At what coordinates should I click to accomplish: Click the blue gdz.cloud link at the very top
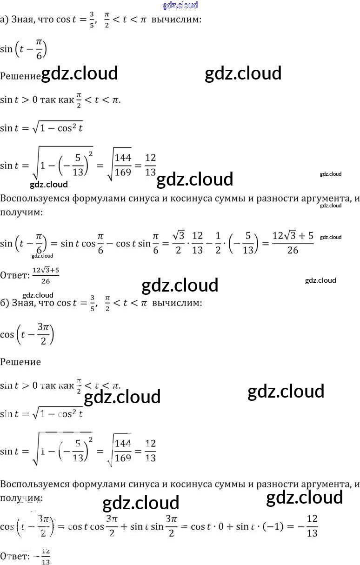click(x=180, y=6)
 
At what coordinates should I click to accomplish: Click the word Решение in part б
click(x=20, y=362)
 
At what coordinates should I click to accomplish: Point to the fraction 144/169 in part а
click(x=122, y=165)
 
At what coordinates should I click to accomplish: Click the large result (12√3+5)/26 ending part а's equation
click(x=292, y=243)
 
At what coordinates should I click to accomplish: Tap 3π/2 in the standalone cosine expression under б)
click(x=43, y=334)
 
